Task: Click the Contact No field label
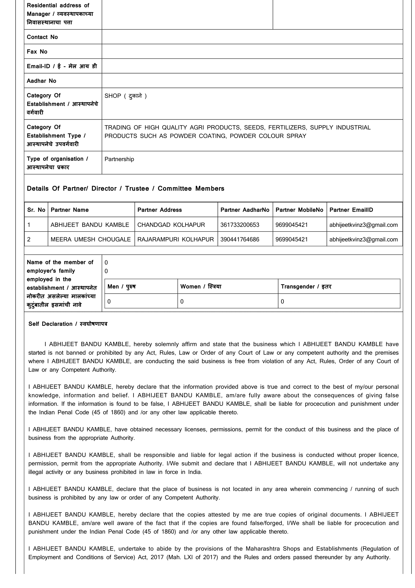(42, 37)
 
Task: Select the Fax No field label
(37, 52)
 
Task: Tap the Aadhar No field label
(41, 81)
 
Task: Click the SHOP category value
(126, 96)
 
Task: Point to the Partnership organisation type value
(119, 159)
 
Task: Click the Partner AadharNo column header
(245, 210)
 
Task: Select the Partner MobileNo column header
(299, 210)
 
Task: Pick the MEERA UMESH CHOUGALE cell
(91, 240)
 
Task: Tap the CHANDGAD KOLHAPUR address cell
(171, 225)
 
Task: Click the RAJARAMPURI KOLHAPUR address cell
(175, 240)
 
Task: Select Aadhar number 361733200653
(240, 225)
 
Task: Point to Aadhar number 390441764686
(240, 240)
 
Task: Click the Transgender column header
(306, 287)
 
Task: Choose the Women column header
(201, 287)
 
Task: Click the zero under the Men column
(109, 302)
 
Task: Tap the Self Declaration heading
(68, 324)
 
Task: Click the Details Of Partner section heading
(126, 189)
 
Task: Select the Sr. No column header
(36, 210)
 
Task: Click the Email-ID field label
(62, 66)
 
